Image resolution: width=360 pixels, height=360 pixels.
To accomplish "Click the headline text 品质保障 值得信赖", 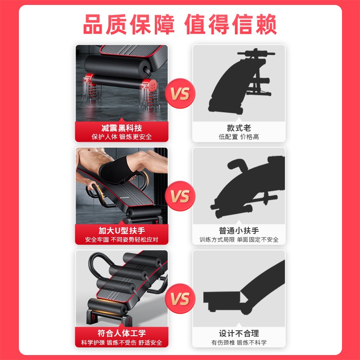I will (180, 24).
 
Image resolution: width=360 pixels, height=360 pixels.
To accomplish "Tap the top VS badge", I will (180, 94).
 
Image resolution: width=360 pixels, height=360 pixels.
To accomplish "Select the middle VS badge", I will (180, 197).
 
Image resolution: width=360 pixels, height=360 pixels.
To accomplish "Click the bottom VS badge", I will (180, 299).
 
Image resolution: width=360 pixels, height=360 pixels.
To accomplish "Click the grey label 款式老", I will (238, 128).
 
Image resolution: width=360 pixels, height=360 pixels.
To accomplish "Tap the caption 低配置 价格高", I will (238, 137).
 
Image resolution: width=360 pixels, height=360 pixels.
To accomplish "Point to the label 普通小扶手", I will (238, 230).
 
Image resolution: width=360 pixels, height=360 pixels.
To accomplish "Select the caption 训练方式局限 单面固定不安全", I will (238, 240).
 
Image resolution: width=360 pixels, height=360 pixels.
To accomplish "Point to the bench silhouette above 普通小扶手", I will (243, 189).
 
